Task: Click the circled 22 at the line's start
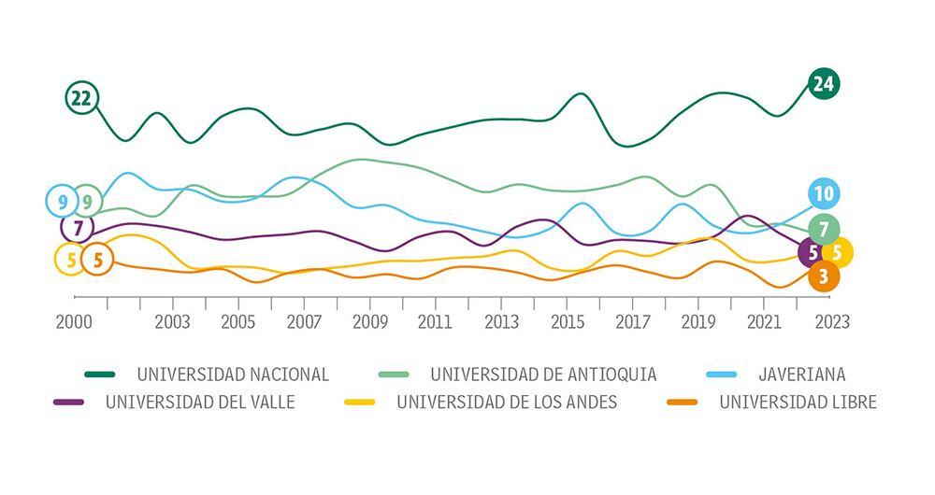[82, 97]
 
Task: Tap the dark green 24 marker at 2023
[823, 84]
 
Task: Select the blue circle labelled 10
[823, 194]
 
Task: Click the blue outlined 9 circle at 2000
[62, 200]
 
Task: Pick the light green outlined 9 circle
[87, 200]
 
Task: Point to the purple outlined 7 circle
[78, 227]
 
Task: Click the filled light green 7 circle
[823, 229]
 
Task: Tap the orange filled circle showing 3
[823, 276]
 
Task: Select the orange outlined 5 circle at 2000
[96, 259]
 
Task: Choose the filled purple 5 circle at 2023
[812, 252]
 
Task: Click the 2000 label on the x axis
[74, 321]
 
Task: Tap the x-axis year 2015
[567, 321]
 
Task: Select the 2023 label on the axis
[831, 321]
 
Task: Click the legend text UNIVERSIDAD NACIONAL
[233, 375]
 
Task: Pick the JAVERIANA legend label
[802, 375]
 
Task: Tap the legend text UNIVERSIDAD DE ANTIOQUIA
[543, 375]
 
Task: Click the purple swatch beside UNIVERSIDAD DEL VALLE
[69, 403]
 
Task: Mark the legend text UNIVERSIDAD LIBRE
[798, 403]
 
